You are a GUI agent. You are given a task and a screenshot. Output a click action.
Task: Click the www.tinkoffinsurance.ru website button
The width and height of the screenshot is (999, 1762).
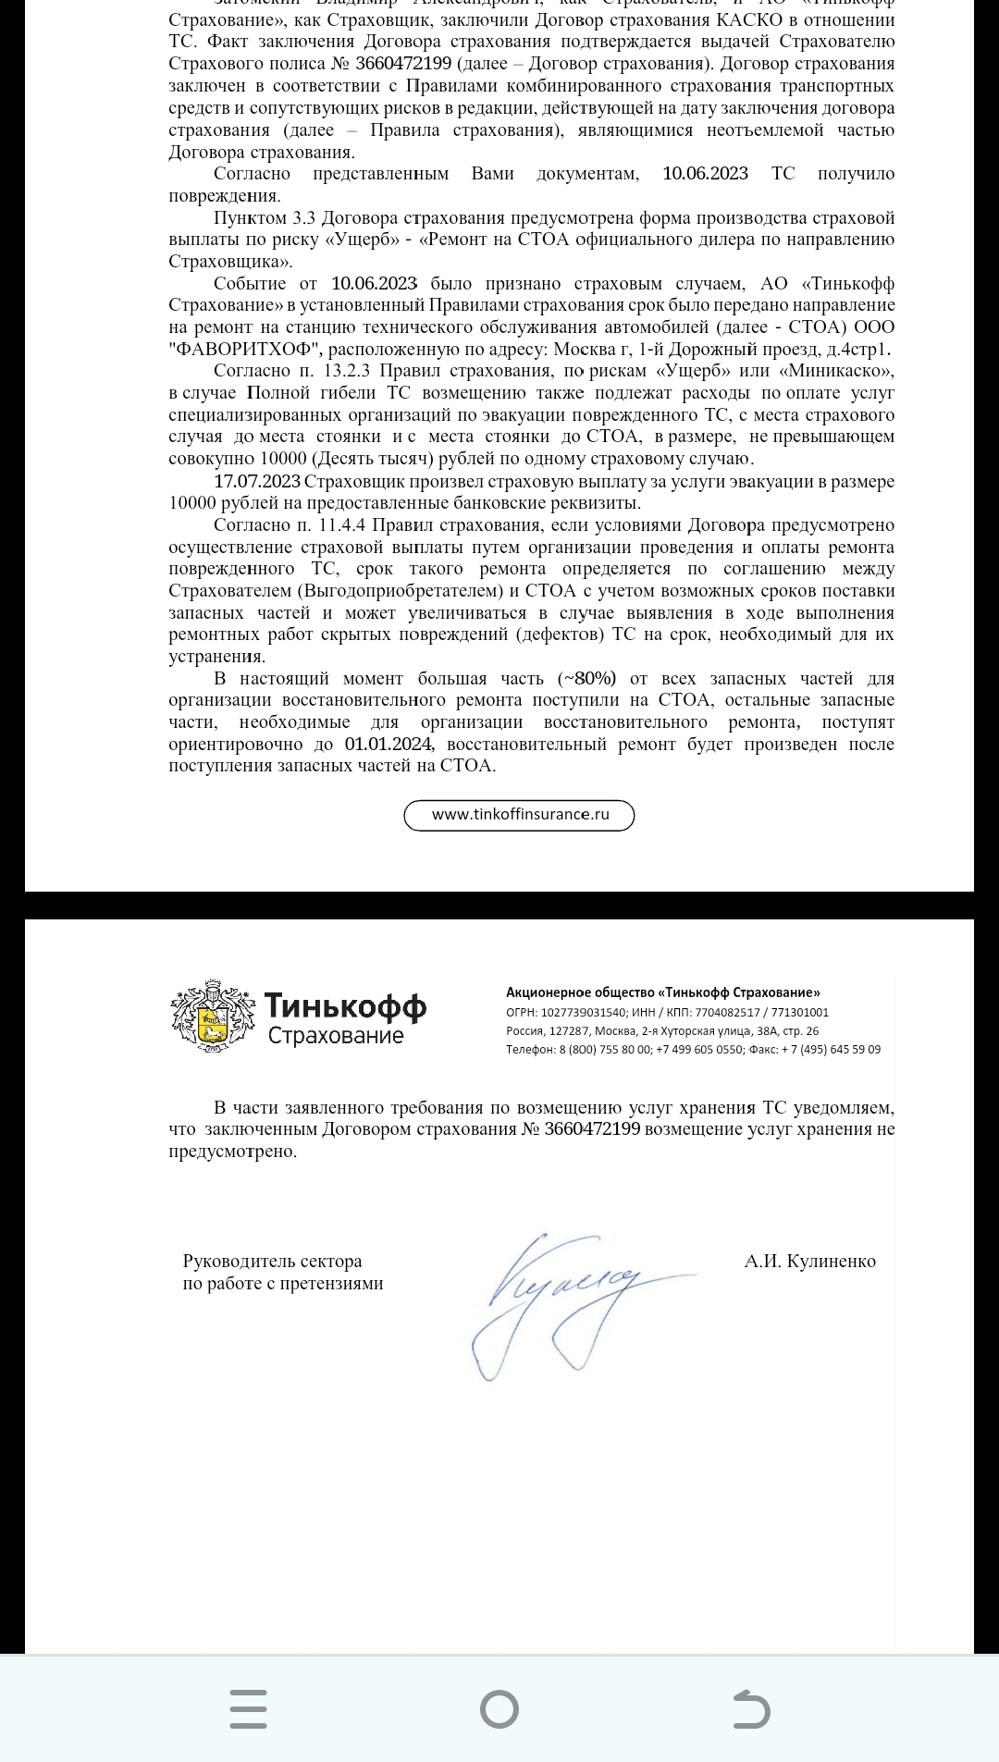tap(519, 815)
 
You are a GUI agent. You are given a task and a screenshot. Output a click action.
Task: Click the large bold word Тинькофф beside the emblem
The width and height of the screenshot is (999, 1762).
tap(345, 1005)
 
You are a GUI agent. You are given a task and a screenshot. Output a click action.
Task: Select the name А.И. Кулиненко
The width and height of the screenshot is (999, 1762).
tap(809, 1261)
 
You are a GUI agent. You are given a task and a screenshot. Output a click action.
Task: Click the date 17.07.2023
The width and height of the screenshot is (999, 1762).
tap(257, 481)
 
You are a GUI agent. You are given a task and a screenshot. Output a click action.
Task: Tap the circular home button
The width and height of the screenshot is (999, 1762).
tap(499, 1708)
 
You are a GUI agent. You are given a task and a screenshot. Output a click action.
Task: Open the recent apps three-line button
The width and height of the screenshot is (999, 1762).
tap(248, 1708)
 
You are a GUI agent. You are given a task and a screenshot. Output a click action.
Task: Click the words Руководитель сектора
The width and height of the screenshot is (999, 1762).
tap(272, 1261)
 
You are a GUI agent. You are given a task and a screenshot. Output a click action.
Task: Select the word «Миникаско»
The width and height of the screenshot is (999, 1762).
tap(838, 371)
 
